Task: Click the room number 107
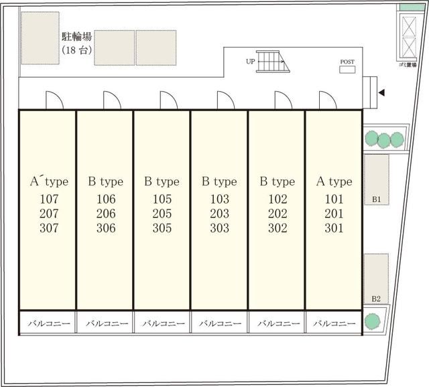(49, 199)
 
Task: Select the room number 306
(106, 228)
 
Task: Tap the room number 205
(162, 214)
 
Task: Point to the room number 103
(219, 199)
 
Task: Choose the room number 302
(278, 228)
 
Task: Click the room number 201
(334, 214)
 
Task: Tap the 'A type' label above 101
(334, 181)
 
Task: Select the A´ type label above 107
(49, 181)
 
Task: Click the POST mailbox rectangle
(347, 70)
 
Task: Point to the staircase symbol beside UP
(273, 62)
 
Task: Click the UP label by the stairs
(250, 62)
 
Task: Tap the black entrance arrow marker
(382, 92)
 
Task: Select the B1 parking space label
(377, 200)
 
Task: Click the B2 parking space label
(376, 299)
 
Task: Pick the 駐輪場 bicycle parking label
(76, 36)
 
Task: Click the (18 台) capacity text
(76, 50)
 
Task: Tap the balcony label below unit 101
(334, 323)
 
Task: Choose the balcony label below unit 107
(49, 323)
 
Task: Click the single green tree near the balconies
(373, 321)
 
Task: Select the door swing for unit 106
(112, 100)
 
